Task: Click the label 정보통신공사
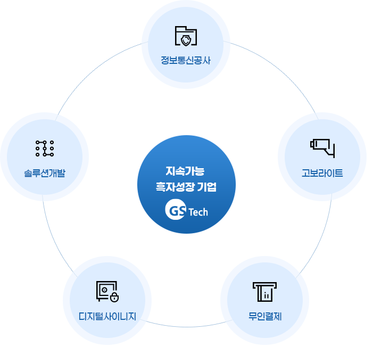tap(186, 60)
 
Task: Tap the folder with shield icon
tap(186, 36)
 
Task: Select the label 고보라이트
tap(322, 173)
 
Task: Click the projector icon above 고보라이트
tap(322, 148)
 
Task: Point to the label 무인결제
tap(265, 316)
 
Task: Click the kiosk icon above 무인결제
tap(265, 292)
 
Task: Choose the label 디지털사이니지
tap(107, 316)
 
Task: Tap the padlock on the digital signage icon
tap(114, 298)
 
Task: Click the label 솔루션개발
tap(45, 173)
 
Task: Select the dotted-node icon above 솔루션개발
tap(45, 148)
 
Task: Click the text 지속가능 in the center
tap(185, 171)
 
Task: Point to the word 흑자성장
tap(175, 187)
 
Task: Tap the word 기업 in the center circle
tap(207, 187)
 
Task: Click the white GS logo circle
tap(176, 209)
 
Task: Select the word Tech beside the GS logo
tap(198, 212)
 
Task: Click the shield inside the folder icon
tap(186, 40)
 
